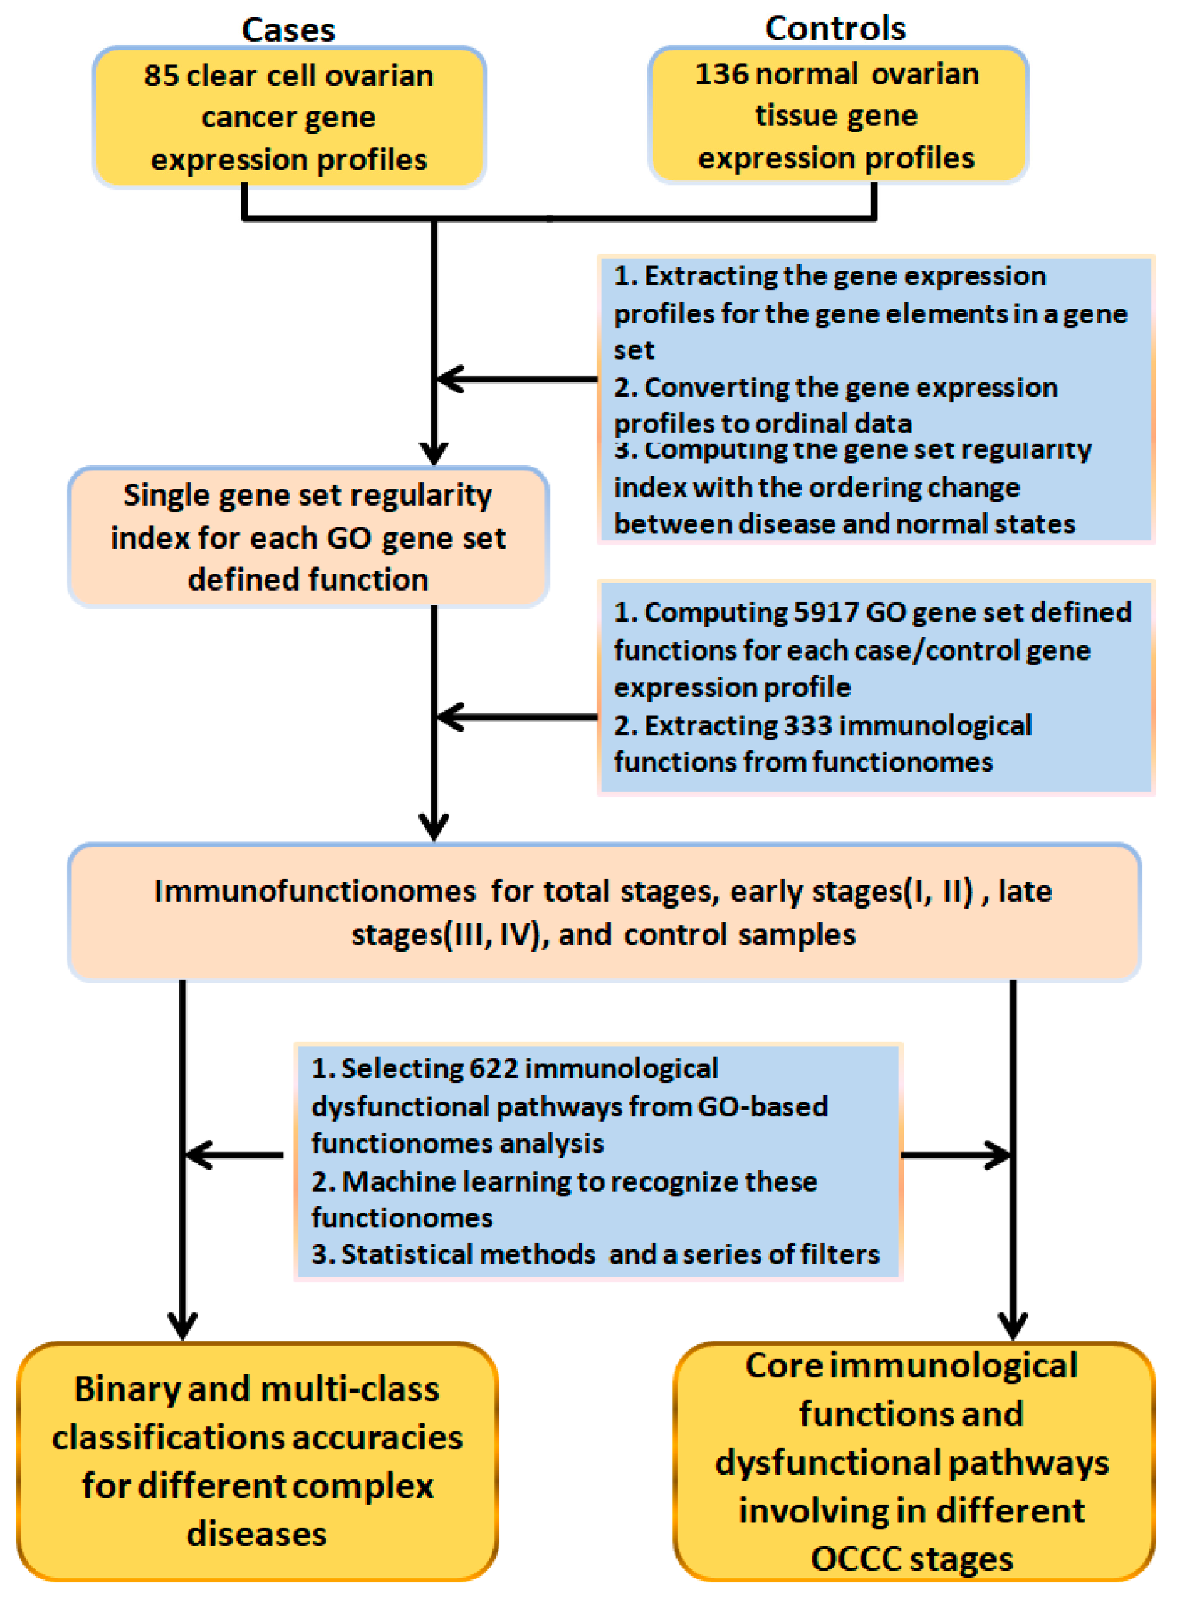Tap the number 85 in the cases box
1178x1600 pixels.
click(x=160, y=76)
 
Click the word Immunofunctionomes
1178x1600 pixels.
click(x=314, y=891)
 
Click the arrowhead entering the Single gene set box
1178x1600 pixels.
click(x=434, y=452)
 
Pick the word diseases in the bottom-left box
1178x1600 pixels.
click(x=257, y=1534)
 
